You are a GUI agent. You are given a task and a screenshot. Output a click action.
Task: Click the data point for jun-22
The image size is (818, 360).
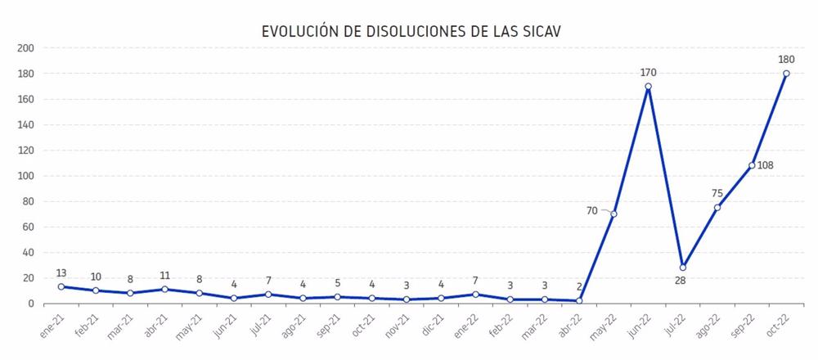coord(648,86)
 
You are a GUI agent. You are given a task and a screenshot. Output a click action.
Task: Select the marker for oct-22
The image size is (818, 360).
coord(786,73)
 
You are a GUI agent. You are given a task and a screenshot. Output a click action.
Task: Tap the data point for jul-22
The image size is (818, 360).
coord(682,268)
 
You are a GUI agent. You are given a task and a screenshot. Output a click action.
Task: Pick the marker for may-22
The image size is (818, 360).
coord(613,214)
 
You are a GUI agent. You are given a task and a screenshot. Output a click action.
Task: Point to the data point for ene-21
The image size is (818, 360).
coord(61,287)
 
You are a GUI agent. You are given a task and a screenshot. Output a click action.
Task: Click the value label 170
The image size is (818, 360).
coord(648,73)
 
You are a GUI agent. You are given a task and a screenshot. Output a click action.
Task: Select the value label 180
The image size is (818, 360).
coord(786,59)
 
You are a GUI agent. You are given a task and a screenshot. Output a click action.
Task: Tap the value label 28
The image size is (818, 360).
coord(682,281)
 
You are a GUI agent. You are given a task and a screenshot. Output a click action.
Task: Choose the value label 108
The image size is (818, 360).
coord(766,166)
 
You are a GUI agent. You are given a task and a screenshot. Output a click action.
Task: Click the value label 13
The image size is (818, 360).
coord(61,272)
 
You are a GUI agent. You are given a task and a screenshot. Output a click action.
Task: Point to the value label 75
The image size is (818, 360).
coord(717,194)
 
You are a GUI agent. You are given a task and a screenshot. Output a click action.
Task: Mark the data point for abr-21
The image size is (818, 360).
coord(164,290)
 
